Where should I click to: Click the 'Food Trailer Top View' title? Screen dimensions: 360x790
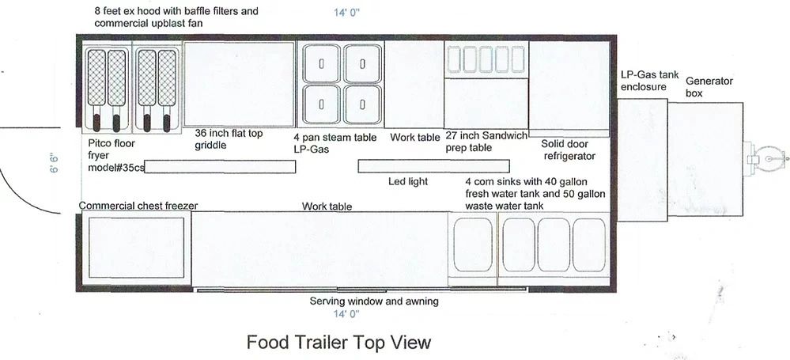[338, 343]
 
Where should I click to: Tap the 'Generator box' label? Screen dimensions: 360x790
[709, 87]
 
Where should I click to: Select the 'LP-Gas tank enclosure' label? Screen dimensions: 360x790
[649, 80]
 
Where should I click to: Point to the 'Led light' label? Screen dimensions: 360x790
[408, 182]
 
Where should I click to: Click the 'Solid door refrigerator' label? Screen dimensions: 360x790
[568, 150]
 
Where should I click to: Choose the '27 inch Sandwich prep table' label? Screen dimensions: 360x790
[486, 142]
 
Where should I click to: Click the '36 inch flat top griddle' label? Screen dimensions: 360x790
[229, 139]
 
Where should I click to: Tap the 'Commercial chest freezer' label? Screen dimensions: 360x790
[138, 206]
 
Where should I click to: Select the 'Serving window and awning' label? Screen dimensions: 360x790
[373, 301]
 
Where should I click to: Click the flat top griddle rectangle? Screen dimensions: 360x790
[239, 84]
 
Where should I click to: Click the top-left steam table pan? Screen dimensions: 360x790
[321, 64]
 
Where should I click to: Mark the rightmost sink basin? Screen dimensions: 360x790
[588, 245]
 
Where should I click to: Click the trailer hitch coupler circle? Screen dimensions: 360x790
[766, 158]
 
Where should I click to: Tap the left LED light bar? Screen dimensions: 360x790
[220, 167]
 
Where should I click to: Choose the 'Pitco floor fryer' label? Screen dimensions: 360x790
[115, 156]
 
